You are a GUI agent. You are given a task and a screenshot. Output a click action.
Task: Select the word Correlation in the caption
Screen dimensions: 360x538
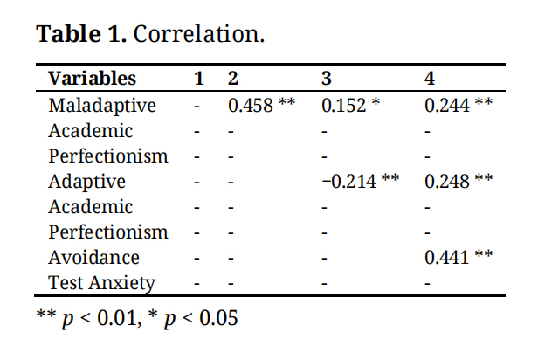(200, 35)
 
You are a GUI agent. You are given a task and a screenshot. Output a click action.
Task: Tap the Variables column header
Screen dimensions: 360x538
(93, 79)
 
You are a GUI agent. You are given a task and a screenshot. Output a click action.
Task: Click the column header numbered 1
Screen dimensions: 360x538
(199, 79)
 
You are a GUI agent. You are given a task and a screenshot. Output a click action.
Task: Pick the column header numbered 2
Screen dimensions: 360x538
(233, 79)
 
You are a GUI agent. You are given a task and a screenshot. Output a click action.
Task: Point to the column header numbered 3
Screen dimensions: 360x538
(327, 79)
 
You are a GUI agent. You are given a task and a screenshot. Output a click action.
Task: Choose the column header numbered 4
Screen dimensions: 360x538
(430, 79)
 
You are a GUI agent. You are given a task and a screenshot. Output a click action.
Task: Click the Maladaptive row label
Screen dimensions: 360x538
(102, 106)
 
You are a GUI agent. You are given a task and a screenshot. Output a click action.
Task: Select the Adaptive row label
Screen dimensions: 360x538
(86, 182)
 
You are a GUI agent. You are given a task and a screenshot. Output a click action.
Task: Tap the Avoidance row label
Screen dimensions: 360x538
(94, 258)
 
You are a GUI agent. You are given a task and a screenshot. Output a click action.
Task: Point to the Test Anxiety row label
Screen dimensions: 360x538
(101, 283)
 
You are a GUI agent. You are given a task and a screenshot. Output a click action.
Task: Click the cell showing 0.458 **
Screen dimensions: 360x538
(261, 106)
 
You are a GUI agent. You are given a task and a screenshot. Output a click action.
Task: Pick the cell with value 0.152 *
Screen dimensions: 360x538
(350, 106)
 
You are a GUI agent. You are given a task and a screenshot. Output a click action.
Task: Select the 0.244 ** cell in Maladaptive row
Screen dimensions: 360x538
(459, 106)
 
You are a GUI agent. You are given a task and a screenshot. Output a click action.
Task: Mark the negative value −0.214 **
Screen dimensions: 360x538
(360, 182)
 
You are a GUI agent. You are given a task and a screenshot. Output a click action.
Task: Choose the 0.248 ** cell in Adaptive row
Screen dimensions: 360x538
(459, 182)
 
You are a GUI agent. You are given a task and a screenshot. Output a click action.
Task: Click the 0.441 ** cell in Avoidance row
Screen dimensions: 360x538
(459, 258)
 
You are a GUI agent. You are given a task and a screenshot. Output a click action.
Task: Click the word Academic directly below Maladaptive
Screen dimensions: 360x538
(91, 131)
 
